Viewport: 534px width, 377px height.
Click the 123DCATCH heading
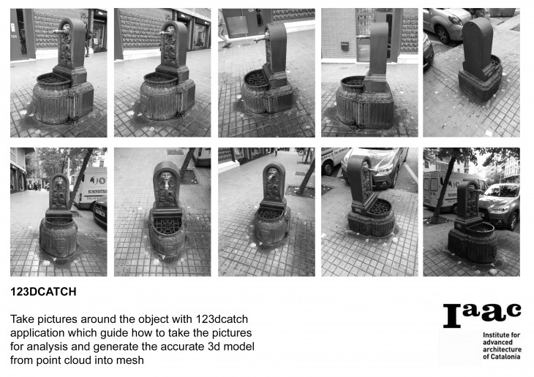coord(43,292)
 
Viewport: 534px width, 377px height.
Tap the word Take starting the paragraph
coord(22,319)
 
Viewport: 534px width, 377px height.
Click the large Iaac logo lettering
coord(482,316)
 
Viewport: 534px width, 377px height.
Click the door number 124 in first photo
coord(14,37)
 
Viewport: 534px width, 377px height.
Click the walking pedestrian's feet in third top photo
coord(227,45)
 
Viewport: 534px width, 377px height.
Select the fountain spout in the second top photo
coord(165,34)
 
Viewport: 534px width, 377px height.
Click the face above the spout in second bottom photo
coord(166,178)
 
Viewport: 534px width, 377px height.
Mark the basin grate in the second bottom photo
coord(167,225)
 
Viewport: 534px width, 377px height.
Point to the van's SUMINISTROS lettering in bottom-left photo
coord(98,191)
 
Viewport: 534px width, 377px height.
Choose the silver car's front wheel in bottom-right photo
coord(513,221)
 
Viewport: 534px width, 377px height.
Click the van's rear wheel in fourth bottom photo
coord(329,168)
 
